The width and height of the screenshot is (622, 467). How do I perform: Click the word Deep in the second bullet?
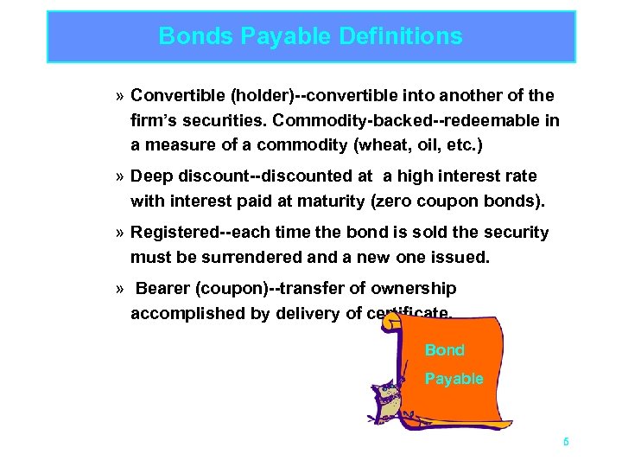pos(150,176)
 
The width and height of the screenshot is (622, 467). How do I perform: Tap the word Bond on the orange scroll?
pos(444,350)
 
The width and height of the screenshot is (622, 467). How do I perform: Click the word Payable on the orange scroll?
pos(454,379)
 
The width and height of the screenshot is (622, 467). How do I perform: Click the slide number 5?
pos(566,441)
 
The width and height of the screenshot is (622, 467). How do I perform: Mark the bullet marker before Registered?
pos(118,233)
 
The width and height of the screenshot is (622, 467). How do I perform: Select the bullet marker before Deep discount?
pos(118,177)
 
